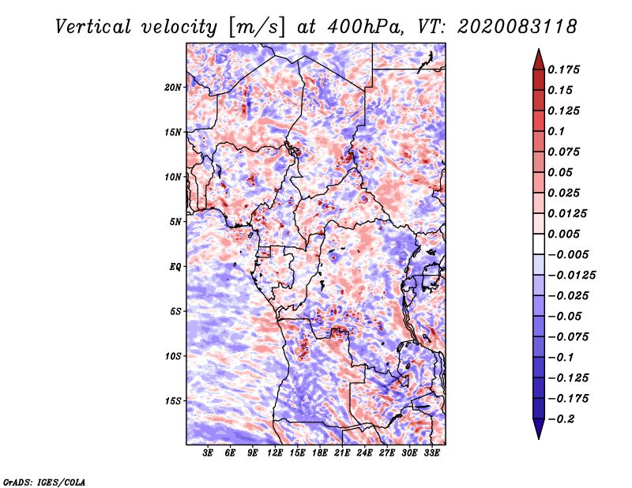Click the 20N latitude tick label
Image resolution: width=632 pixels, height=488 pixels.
[x=173, y=87]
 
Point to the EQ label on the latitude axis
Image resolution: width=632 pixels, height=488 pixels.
[x=175, y=266]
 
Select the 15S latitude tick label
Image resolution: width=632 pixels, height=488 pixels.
[x=173, y=401]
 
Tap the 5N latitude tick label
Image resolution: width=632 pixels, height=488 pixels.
[x=175, y=222]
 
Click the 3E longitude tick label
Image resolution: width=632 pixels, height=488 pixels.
[x=208, y=452]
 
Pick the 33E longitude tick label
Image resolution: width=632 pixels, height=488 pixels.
[x=431, y=452]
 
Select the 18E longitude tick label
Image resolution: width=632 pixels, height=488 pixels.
[x=320, y=452]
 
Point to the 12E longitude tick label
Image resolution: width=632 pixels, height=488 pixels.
[x=275, y=452]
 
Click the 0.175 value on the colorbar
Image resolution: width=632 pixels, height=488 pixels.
[x=563, y=69]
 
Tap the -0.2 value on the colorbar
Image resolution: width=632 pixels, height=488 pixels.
[x=561, y=419]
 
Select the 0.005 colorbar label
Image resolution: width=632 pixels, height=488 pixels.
[x=563, y=234]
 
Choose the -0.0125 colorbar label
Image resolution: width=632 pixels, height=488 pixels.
[x=571, y=276]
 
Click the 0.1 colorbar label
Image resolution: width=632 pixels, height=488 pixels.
[x=556, y=131]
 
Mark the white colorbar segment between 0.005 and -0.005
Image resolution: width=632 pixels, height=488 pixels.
[x=539, y=244]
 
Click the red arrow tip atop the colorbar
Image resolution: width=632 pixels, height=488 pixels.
[x=539, y=50]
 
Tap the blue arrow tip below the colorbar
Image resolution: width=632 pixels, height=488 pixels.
[x=539, y=438]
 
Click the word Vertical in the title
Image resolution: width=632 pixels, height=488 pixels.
[x=93, y=27]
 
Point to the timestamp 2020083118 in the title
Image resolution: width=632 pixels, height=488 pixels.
[x=517, y=27]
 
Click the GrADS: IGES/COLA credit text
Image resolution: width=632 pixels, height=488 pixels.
[x=44, y=482]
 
